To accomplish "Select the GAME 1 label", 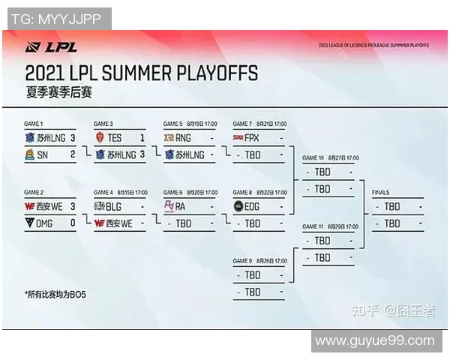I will pyautogui.click(x=34, y=124).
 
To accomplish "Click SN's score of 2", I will pyautogui.click(x=73, y=154).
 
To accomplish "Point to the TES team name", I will pyautogui.click(x=114, y=138).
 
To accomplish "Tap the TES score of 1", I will pyautogui.click(x=142, y=138).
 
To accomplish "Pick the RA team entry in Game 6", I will pyautogui.click(x=180, y=206).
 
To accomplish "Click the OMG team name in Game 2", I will pyautogui.click(x=45, y=223).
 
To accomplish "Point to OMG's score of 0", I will pyautogui.click(x=73, y=223).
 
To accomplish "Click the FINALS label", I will pyautogui.click(x=381, y=193).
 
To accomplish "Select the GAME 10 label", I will pyautogui.click(x=313, y=158).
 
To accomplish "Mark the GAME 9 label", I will pyautogui.click(x=244, y=261).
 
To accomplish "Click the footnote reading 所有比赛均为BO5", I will pyautogui.click(x=55, y=294).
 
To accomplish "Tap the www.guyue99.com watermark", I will pyautogui.click(x=374, y=341).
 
